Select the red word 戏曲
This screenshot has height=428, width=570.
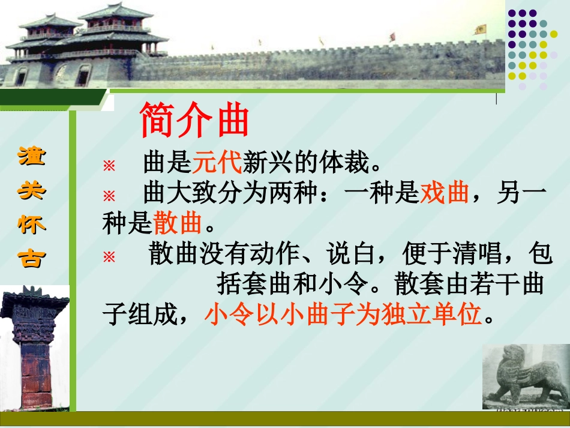[445, 194]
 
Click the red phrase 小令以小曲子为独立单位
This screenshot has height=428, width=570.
[343, 314]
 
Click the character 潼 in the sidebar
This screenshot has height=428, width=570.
[31, 158]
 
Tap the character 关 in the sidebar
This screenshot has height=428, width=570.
[31, 191]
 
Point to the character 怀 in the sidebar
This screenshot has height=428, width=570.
[31, 225]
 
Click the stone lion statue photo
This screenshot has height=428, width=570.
[525, 377]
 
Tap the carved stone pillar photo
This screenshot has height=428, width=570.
[34, 348]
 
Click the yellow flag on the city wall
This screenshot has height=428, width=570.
[480, 29]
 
